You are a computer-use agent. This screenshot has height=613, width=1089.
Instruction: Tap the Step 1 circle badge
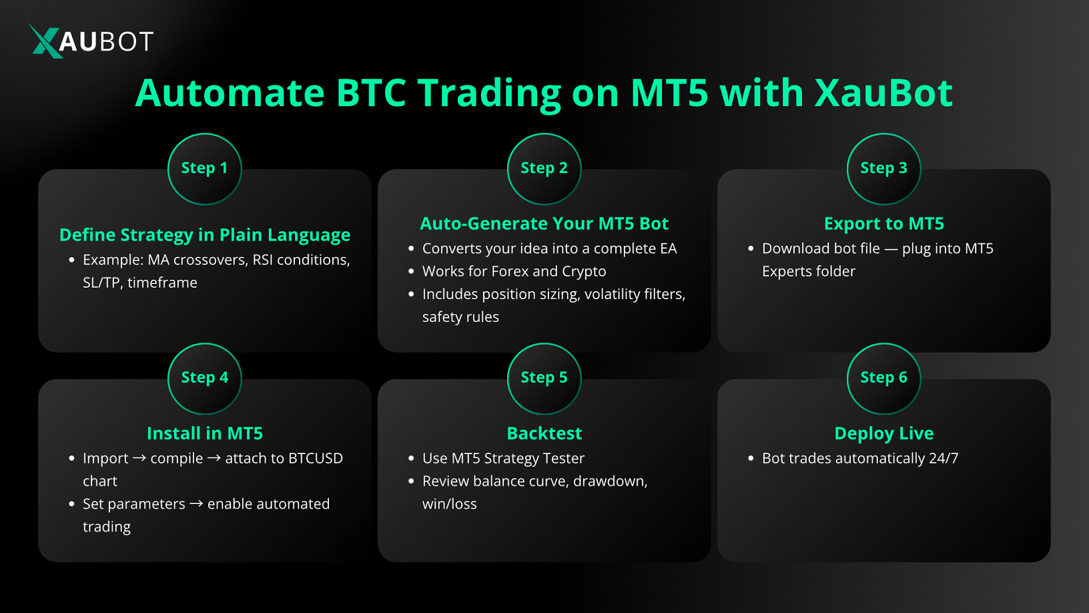click(204, 168)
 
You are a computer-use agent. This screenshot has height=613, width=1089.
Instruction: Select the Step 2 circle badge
click(544, 168)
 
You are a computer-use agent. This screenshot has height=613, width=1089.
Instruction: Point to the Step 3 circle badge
click(883, 168)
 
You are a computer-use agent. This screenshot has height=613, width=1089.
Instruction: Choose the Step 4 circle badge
click(204, 378)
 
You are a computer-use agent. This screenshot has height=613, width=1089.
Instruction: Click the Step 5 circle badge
click(544, 378)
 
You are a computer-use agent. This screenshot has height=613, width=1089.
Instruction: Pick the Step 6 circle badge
click(883, 378)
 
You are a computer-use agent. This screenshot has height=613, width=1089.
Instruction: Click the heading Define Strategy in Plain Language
click(205, 235)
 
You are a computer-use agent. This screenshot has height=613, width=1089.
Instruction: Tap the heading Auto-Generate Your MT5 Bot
click(544, 224)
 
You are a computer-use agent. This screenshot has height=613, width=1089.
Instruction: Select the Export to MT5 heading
click(883, 224)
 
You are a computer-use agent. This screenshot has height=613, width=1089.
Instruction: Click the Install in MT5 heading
click(205, 433)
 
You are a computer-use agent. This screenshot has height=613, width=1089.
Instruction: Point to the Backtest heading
click(544, 433)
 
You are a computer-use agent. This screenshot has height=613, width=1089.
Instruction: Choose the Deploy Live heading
click(883, 433)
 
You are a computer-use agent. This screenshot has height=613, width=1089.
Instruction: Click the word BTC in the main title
click(371, 93)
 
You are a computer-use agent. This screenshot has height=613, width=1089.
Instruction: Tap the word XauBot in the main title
click(883, 93)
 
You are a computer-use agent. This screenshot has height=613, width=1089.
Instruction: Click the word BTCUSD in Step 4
click(316, 459)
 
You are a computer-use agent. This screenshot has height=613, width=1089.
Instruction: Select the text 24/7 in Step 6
click(944, 459)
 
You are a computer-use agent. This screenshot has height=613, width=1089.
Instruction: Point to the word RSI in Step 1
click(262, 260)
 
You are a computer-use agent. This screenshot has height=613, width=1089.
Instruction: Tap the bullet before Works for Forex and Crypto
click(411, 272)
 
